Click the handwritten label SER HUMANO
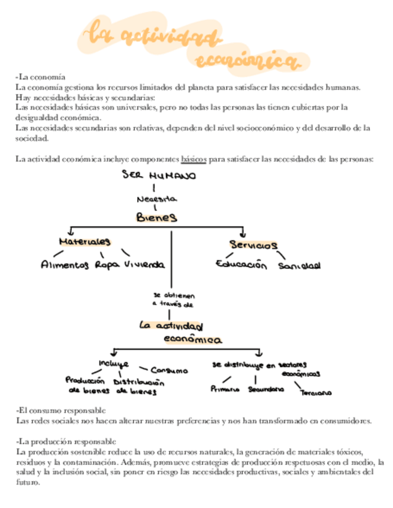[x=158, y=176]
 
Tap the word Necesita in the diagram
[x=156, y=199]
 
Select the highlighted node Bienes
[x=156, y=217]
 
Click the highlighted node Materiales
[x=84, y=241]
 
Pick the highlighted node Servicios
[x=253, y=245]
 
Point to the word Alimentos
[x=65, y=264]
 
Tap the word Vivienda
[x=144, y=264]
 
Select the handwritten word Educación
[x=241, y=264]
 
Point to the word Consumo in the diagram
[x=169, y=371]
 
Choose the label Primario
[x=225, y=389]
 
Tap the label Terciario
[x=316, y=393]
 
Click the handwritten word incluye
[x=113, y=364]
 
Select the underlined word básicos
[x=194, y=159]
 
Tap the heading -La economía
[x=40, y=77]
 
